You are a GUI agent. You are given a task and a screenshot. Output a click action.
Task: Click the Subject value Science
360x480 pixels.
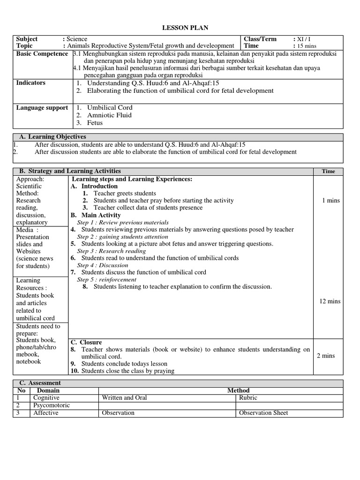pos(76,39)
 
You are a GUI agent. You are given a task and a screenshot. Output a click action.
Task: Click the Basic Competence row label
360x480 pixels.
pos(42,54)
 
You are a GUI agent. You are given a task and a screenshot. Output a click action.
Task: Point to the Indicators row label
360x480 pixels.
pos(31,83)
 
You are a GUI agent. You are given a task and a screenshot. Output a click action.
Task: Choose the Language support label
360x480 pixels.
pos(42,108)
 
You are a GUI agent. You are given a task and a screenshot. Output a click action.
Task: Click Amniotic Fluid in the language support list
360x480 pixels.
pos(109,115)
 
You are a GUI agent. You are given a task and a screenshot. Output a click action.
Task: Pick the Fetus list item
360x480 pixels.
pos(95,123)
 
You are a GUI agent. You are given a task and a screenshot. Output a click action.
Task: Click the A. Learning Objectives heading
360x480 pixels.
pos(52,137)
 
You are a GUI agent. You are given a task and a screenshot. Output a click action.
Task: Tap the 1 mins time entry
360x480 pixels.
pos(331,201)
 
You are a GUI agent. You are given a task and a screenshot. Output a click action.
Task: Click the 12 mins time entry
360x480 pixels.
pos(330,301)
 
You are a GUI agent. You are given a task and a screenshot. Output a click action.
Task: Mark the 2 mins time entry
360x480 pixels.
pos(326,356)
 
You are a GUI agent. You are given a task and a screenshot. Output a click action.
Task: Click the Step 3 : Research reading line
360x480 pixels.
pos(112,251)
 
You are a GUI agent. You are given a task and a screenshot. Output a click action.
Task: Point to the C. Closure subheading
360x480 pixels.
pos(86,342)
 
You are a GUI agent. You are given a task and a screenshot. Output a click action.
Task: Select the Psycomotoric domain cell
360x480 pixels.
pos(51,405)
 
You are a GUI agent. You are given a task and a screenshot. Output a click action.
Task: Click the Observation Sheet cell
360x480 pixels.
pos(263,413)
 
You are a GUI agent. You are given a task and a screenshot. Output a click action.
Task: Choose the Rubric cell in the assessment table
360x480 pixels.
pos(248,398)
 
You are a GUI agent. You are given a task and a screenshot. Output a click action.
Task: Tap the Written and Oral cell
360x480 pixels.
pos(124,398)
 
